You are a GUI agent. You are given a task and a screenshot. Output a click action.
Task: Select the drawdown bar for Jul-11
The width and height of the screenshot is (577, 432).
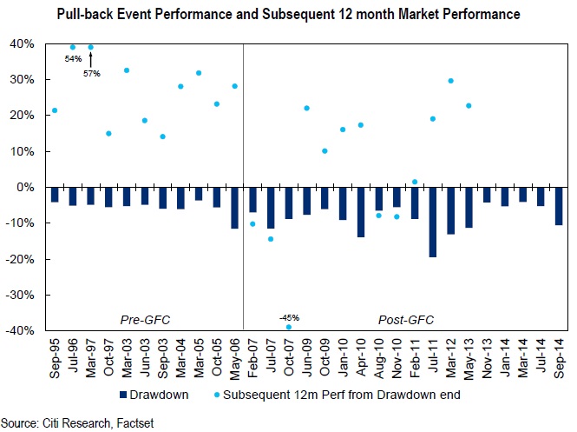[x=432, y=222]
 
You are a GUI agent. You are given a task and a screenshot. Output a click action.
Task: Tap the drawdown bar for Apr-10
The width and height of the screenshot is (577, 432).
[x=361, y=212]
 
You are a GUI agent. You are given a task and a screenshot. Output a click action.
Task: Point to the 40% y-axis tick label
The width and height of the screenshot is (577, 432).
[x=23, y=44]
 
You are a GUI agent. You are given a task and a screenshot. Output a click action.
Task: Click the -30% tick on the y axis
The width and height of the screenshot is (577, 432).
[x=21, y=296]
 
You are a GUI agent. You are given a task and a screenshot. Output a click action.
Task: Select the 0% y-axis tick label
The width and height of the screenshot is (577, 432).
[x=26, y=188]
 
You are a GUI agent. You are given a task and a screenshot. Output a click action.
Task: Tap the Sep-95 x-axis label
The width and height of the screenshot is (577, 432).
[x=55, y=355]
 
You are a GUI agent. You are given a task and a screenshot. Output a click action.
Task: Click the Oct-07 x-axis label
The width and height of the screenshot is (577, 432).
[x=289, y=355]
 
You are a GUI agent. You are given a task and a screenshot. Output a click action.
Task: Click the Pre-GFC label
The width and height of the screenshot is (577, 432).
[x=145, y=320]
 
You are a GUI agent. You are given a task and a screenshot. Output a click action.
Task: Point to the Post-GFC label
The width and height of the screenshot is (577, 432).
[x=405, y=320]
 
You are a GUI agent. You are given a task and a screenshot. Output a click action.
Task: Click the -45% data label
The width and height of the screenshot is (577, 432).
[x=289, y=317]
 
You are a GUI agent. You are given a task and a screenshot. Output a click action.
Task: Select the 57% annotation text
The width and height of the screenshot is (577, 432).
[x=91, y=73]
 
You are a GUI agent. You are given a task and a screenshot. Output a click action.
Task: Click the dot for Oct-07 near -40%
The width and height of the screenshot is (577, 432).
[x=289, y=328]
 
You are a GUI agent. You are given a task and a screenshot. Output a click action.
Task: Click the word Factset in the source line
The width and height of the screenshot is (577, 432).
[x=128, y=420]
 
